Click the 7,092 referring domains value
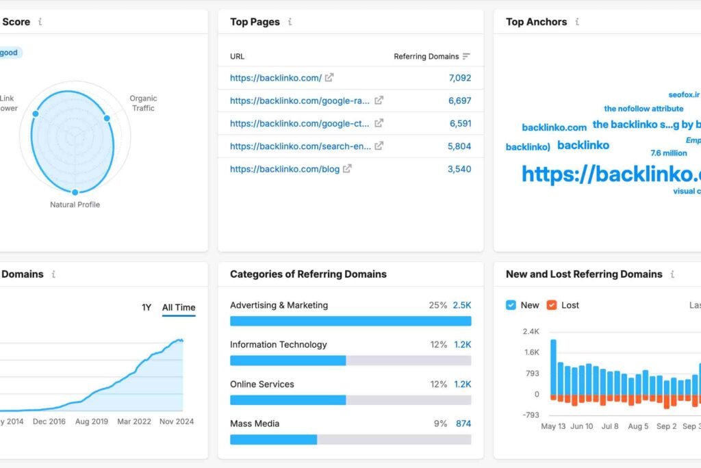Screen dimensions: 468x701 tap(460, 78)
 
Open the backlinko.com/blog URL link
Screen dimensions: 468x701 tap(285, 169)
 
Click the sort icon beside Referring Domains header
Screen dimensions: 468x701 tap(467, 57)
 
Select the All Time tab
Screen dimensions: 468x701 tap(179, 308)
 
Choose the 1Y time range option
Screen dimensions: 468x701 tap(146, 308)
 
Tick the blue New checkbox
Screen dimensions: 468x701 tap(511, 305)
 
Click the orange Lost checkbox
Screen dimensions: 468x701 tap(552, 305)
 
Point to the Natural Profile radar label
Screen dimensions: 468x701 tap(75, 205)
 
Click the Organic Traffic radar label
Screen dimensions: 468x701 tap(143, 103)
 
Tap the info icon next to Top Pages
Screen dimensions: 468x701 tap(290, 22)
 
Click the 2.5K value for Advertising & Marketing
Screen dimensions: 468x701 tap(462, 305)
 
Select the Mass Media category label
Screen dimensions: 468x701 tap(255, 424)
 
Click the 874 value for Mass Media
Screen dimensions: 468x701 tap(463, 424)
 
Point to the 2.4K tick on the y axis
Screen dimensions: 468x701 tap(531, 332)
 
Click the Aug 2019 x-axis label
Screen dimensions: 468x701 tap(91, 421)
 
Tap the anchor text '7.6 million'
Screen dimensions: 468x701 tap(669, 153)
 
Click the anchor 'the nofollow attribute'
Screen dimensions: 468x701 tap(643, 109)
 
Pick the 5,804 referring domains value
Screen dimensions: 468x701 tap(459, 146)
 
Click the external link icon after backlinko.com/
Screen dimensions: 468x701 tap(329, 78)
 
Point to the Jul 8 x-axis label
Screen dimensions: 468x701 tap(609, 426)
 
